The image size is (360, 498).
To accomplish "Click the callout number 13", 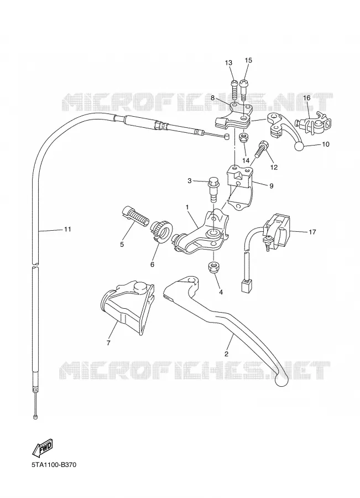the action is [x=228, y=63].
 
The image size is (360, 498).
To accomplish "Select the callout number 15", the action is [x=248, y=60].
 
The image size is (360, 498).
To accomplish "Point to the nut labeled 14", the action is [x=244, y=138].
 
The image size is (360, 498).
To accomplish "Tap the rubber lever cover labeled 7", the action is [x=127, y=307].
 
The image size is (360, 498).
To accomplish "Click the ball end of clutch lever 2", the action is [x=281, y=381].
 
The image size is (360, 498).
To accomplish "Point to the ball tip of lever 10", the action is [x=299, y=147].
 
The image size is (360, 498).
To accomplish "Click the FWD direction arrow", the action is [x=42, y=447].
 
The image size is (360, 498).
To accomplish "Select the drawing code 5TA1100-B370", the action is [x=54, y=465].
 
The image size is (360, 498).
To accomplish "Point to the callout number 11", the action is [x=67, y=229].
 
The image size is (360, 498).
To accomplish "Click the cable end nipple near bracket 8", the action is [x=226, y=137].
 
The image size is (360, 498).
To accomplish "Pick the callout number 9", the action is [x=271, y=186].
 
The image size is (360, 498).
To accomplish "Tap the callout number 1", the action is [x=187, y=207].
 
